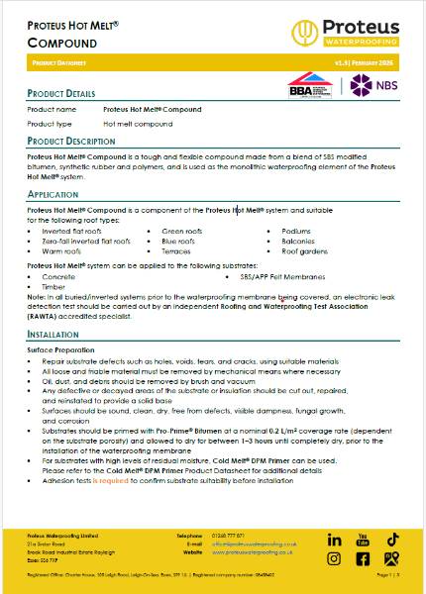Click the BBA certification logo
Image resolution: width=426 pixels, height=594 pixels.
point(308,86)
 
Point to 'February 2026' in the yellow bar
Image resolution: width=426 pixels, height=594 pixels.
point(388,61)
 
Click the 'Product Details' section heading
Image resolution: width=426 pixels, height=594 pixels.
point(61,93)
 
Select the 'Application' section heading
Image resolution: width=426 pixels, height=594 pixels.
point(53,195)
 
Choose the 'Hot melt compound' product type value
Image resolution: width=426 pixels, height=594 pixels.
point(137,124)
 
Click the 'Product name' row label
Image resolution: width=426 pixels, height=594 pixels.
point(52,109)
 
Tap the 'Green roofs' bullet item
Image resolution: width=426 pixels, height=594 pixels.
point(182,231)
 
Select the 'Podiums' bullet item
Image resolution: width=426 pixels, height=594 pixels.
point(296,231)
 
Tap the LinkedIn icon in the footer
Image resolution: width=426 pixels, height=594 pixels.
point(334,540)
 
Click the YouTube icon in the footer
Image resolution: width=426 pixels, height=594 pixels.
point(363,540)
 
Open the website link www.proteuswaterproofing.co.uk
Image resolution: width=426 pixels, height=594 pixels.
point(259,552)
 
